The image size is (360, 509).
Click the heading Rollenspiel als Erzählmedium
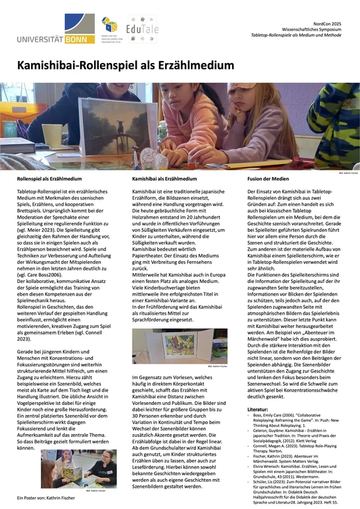point(49,179)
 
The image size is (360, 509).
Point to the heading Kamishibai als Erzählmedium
point(164,179)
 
